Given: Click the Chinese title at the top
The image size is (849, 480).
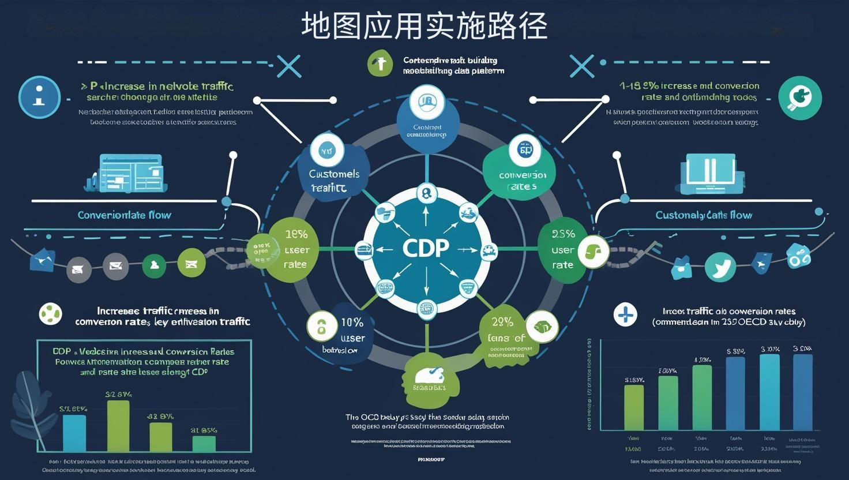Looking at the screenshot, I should (424, 27).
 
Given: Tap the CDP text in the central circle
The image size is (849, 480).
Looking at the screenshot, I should (426, 248).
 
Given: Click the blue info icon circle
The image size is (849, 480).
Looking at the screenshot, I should (39, 97).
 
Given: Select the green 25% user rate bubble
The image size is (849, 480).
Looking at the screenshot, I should (562, 250).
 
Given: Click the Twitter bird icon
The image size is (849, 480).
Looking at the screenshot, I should (720, 268).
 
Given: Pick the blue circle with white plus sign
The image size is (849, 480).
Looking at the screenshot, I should (626, 315).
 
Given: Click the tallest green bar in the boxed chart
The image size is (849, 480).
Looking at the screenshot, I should (118, 426).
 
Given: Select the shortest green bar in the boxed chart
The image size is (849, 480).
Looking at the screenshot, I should (204, 443).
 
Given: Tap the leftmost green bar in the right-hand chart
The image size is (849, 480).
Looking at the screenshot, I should (634, 407).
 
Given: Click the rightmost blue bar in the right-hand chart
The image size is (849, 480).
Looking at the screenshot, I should (803, 392).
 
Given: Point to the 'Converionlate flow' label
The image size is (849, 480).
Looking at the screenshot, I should (125, 215).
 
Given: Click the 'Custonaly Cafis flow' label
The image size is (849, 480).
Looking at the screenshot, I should (704, 215).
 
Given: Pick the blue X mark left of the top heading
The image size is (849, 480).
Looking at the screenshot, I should (288, 66).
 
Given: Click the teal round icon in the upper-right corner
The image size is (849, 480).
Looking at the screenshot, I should (799, 98).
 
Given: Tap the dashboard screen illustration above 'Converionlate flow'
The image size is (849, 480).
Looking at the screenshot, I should (130, 172).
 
